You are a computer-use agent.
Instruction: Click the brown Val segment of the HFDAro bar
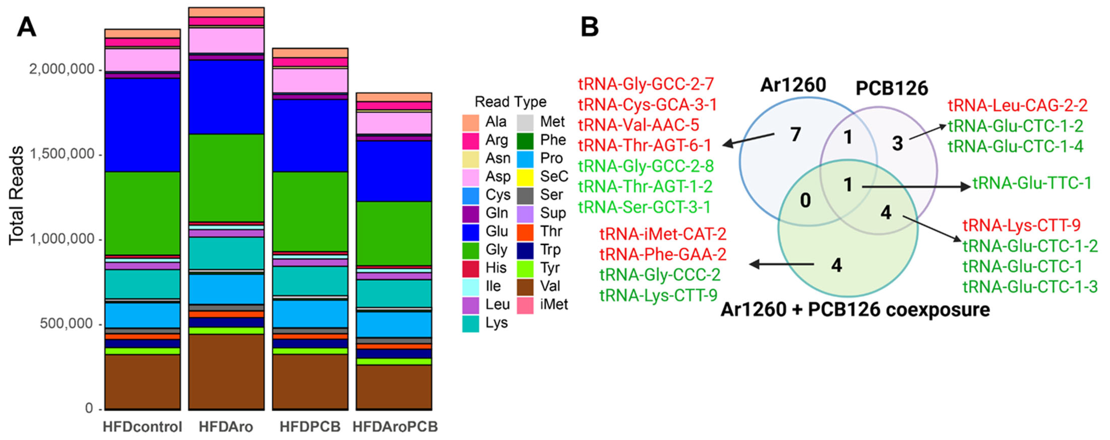226,371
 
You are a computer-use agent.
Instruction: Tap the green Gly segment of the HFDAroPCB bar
394,233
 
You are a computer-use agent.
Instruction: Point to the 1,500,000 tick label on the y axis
62,154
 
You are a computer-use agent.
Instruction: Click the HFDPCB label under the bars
310,427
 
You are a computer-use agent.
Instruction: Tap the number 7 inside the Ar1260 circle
796,135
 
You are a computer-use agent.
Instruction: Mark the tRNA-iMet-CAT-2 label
663,234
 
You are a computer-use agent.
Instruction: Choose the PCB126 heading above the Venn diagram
891,88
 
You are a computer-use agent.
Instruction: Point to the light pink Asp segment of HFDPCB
310,80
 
